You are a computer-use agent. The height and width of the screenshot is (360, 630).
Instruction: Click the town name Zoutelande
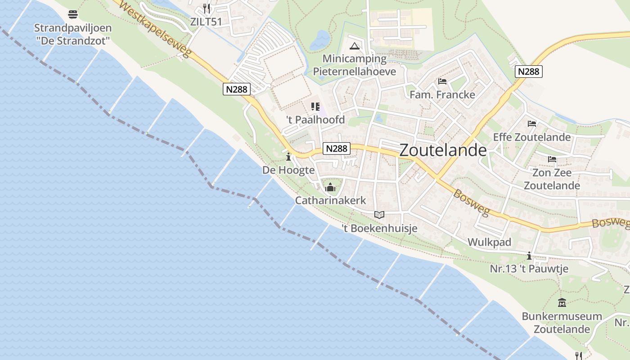[443, 150]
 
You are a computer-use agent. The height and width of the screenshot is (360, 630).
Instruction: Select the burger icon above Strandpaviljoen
[73, 14]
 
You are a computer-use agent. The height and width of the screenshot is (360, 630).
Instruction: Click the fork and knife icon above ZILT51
[207, 8]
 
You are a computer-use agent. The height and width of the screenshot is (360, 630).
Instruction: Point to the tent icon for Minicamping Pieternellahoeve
[355, 46]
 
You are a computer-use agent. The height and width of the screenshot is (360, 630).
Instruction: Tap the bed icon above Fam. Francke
[442, 81]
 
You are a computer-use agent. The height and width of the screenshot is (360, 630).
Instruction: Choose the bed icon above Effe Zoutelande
[532, 124]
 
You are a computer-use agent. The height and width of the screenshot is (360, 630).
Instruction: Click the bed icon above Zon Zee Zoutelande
[552, 159]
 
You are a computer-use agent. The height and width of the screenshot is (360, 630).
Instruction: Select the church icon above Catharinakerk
[331, 187]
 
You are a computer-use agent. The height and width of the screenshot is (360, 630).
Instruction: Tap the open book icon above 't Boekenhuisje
[379, 215]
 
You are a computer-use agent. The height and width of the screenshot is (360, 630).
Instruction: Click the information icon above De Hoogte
[288, 157]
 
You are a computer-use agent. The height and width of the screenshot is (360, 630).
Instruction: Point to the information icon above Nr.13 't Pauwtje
[529, 256]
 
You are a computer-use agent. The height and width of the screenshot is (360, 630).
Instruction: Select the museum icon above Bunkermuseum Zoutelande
[562, 302]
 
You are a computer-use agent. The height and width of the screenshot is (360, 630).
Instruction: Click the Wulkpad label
[489, 242]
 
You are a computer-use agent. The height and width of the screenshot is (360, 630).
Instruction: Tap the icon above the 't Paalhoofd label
[315, 107]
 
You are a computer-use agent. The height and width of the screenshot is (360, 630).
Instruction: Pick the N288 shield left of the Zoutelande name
[337, 148]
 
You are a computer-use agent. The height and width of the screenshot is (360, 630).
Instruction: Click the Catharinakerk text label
[330, 200]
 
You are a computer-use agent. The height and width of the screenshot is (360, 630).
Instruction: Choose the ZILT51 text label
[206, 22]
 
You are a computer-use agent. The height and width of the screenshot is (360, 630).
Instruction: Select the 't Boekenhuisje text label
[379, 229]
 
